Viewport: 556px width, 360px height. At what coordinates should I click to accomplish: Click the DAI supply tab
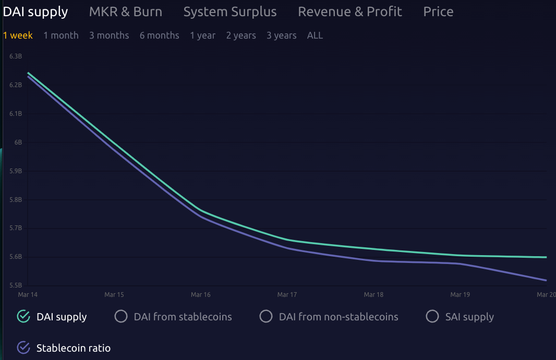35,11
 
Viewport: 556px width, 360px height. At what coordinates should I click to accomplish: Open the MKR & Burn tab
126,11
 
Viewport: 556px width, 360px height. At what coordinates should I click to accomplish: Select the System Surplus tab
230,11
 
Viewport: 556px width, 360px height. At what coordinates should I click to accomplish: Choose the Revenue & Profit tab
350,11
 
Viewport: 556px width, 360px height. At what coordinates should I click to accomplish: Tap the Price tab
438,11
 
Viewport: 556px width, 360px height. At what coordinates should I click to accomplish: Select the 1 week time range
18,35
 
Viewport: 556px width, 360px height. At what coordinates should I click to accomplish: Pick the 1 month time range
61,35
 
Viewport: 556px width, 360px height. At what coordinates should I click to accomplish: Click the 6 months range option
159,35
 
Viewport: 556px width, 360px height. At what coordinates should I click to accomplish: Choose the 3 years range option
281,35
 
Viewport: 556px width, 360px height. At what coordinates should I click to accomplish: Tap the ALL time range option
315,35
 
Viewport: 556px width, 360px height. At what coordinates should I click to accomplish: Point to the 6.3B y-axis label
16,56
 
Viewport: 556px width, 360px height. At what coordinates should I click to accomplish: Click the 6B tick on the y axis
18,142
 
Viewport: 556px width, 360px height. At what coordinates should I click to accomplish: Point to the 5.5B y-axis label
16,285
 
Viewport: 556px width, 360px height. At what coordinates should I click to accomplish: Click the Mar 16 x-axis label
201,295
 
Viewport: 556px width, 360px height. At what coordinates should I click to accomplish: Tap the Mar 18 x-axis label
373,295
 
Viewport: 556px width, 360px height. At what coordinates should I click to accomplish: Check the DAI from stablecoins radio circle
121,317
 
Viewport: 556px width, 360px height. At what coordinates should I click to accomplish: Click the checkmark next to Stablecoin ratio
23,347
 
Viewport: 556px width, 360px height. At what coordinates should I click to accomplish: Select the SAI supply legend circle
432,317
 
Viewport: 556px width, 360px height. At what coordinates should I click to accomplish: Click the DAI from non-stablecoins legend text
339,317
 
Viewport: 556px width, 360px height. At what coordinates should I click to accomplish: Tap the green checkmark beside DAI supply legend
23,317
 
